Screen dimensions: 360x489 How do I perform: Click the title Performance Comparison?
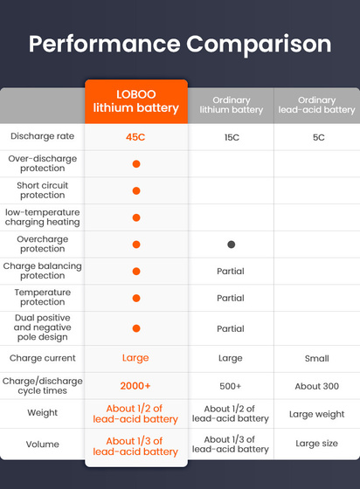[x=180, y=44]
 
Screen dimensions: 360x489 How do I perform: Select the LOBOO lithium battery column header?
[x=135, y=101]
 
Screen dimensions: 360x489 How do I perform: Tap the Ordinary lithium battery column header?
[x=231, y=105]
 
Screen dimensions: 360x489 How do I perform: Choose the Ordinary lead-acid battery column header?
[x=316, y=105]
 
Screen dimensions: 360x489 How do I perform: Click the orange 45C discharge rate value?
[x=135, y=137]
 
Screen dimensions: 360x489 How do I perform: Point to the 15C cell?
[x=231, y=137]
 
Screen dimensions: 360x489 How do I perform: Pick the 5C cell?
[x=316, y=137]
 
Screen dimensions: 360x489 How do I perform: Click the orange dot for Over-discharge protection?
[x=135, y=164]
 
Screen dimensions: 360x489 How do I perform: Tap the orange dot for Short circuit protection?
[x=135, y=191]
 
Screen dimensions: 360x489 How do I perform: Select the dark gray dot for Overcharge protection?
[x=231, y=244]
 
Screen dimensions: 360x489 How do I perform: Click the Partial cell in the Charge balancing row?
[x=231, y=272]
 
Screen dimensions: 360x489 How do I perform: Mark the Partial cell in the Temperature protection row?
[x=231, y=299]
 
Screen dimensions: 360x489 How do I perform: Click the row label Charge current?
[x=42, y=358]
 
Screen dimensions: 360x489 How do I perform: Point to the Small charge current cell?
[x=316, y=358]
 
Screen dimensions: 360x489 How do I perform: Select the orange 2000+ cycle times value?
[x=135, y=386]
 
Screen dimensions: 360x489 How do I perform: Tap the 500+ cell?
[x=231, y=386]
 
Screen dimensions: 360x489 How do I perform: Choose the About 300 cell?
[x=316, y=386]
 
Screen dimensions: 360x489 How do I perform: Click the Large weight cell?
[x=316, y=414]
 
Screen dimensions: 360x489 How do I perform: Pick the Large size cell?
[x=316, y=444]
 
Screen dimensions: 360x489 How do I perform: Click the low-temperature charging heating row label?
[x=42, y=217]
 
